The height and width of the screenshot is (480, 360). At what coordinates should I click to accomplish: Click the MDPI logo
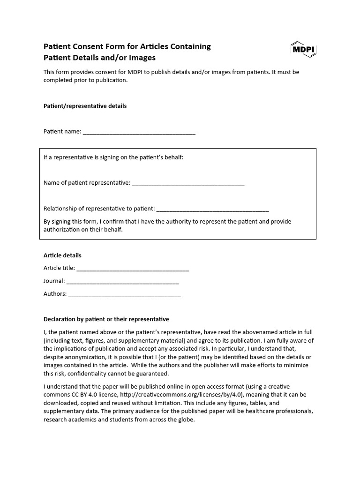303,49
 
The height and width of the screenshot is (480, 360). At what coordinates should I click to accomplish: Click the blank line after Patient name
139,132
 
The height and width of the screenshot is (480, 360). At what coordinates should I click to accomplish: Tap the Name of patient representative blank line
188,183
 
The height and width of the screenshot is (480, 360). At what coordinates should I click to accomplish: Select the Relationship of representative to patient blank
212,209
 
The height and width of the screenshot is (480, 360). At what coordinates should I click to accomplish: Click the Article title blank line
133,269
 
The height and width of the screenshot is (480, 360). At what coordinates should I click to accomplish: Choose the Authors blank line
124,295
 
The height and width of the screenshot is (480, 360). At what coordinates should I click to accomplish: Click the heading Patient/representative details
85,106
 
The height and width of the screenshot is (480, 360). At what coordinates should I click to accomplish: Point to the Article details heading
62,255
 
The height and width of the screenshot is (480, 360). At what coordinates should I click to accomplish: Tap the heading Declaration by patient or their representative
106,319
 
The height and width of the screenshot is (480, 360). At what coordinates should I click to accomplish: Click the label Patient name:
62,132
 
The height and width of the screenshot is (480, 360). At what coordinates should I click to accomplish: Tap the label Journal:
54,281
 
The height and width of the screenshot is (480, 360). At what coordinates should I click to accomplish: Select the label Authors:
55,294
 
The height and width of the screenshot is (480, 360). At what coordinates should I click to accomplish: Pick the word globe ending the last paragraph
185,420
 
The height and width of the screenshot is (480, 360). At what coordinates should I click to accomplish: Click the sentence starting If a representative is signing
113,157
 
